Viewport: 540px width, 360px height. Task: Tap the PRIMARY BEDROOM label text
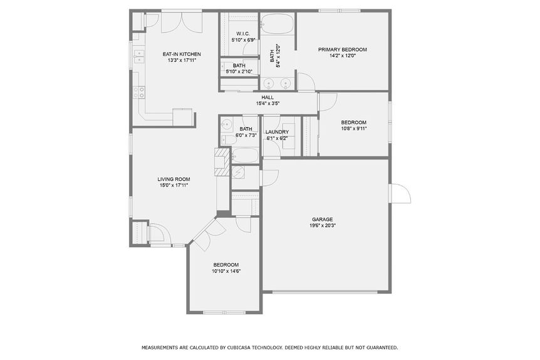coord(342,49)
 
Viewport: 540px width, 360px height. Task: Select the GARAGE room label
coord(322,219)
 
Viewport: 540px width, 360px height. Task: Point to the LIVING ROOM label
coord(174,179)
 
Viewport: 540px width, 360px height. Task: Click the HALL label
coord(267,98)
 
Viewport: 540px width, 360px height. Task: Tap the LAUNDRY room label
coord(277,132)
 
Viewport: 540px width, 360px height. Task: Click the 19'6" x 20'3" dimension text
coord(323,226)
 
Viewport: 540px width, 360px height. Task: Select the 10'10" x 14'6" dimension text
coord(226,271)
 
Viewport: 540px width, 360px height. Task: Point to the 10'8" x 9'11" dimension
coord(353,128)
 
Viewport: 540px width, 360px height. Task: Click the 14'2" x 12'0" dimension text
coord(342,56)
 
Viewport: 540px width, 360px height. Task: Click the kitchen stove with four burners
coord(139,93)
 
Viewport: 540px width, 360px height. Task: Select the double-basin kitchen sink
coord(138,58)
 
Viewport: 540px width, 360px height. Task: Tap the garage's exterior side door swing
coord(400,195)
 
